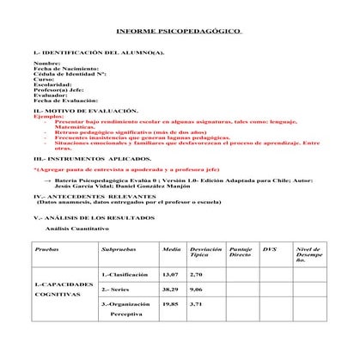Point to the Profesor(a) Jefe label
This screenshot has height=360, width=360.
point(56,89)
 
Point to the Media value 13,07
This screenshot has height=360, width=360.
point(170,274)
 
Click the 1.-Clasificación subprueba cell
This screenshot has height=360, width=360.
point(125,274)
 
